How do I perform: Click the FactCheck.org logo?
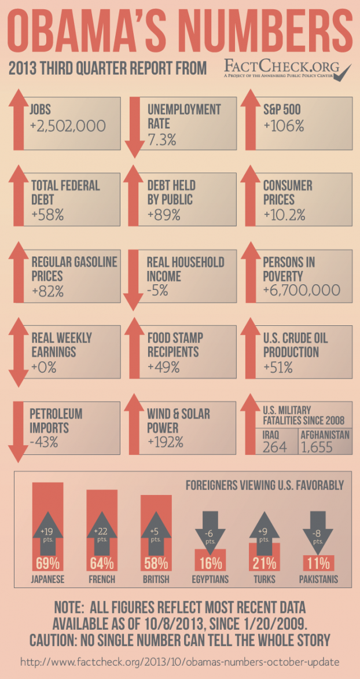pyautogui.click(x=287, y=70)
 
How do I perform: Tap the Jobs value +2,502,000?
pyautogui.click(x=68, y=126)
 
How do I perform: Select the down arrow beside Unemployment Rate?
pyautogui.click(x=134, y=127)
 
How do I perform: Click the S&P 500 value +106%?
pyautogui.click(x=284, y=126)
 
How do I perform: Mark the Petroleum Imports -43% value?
pyautogui.click(x=46, y=443)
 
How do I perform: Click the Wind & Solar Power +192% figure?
pyautogui.click(x=166, y=443)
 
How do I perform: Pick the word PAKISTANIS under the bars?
pyautogui.click(x=318, y=579)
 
